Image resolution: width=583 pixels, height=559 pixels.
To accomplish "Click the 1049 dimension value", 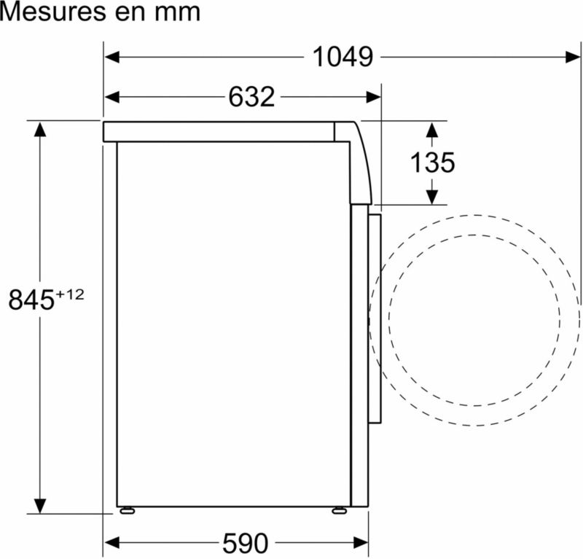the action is (343, 57).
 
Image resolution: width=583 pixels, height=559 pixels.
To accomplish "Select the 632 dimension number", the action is (251, 97).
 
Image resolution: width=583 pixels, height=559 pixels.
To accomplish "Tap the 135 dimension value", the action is (432, 163).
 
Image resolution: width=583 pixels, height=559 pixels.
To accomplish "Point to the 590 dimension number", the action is (245, 543).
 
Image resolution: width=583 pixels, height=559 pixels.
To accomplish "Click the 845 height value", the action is (31, 300).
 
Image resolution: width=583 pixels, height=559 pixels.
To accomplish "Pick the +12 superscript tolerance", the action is (69, 294).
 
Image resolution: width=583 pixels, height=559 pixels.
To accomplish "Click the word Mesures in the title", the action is (53, 12).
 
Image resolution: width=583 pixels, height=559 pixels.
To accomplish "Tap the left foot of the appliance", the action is (127, 511).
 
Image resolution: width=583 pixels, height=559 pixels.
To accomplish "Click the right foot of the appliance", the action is (339, 511).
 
